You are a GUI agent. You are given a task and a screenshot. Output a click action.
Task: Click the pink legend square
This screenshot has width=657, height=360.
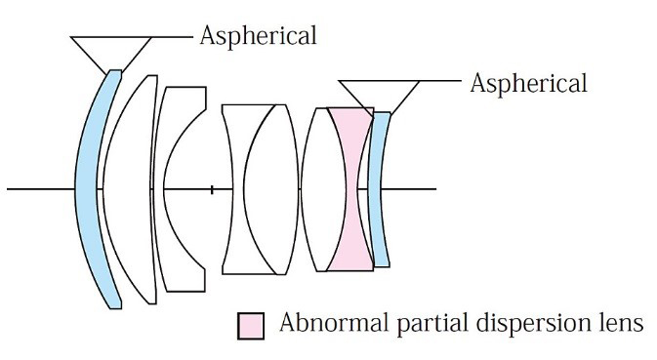pyautogui.click(x=251, y=326)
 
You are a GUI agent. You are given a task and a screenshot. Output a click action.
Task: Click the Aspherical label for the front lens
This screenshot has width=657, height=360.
pyautogui.click(x=258, y=36)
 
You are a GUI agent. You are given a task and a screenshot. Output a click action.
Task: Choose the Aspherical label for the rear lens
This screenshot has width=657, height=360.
pyautogui.click(x=528, y=84)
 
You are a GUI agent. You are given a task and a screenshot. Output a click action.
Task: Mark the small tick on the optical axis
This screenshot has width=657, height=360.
pyautogui.click(x=212, y=189)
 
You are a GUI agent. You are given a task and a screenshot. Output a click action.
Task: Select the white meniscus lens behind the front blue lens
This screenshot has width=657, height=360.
pyautogui.click(x=128, y=189)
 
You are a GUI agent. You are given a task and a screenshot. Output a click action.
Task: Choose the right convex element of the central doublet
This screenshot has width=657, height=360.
pyautogui.click(x=272, y=189)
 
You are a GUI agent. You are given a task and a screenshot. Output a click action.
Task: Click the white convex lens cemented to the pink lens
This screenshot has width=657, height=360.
pyautogui.click(x=322, y=189)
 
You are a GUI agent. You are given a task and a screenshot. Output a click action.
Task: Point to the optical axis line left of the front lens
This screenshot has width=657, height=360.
pyautogui.click(x=41, y=189)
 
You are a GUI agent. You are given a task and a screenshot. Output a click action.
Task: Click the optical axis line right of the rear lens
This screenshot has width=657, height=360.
pyautogui.click(x=409, y=189)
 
